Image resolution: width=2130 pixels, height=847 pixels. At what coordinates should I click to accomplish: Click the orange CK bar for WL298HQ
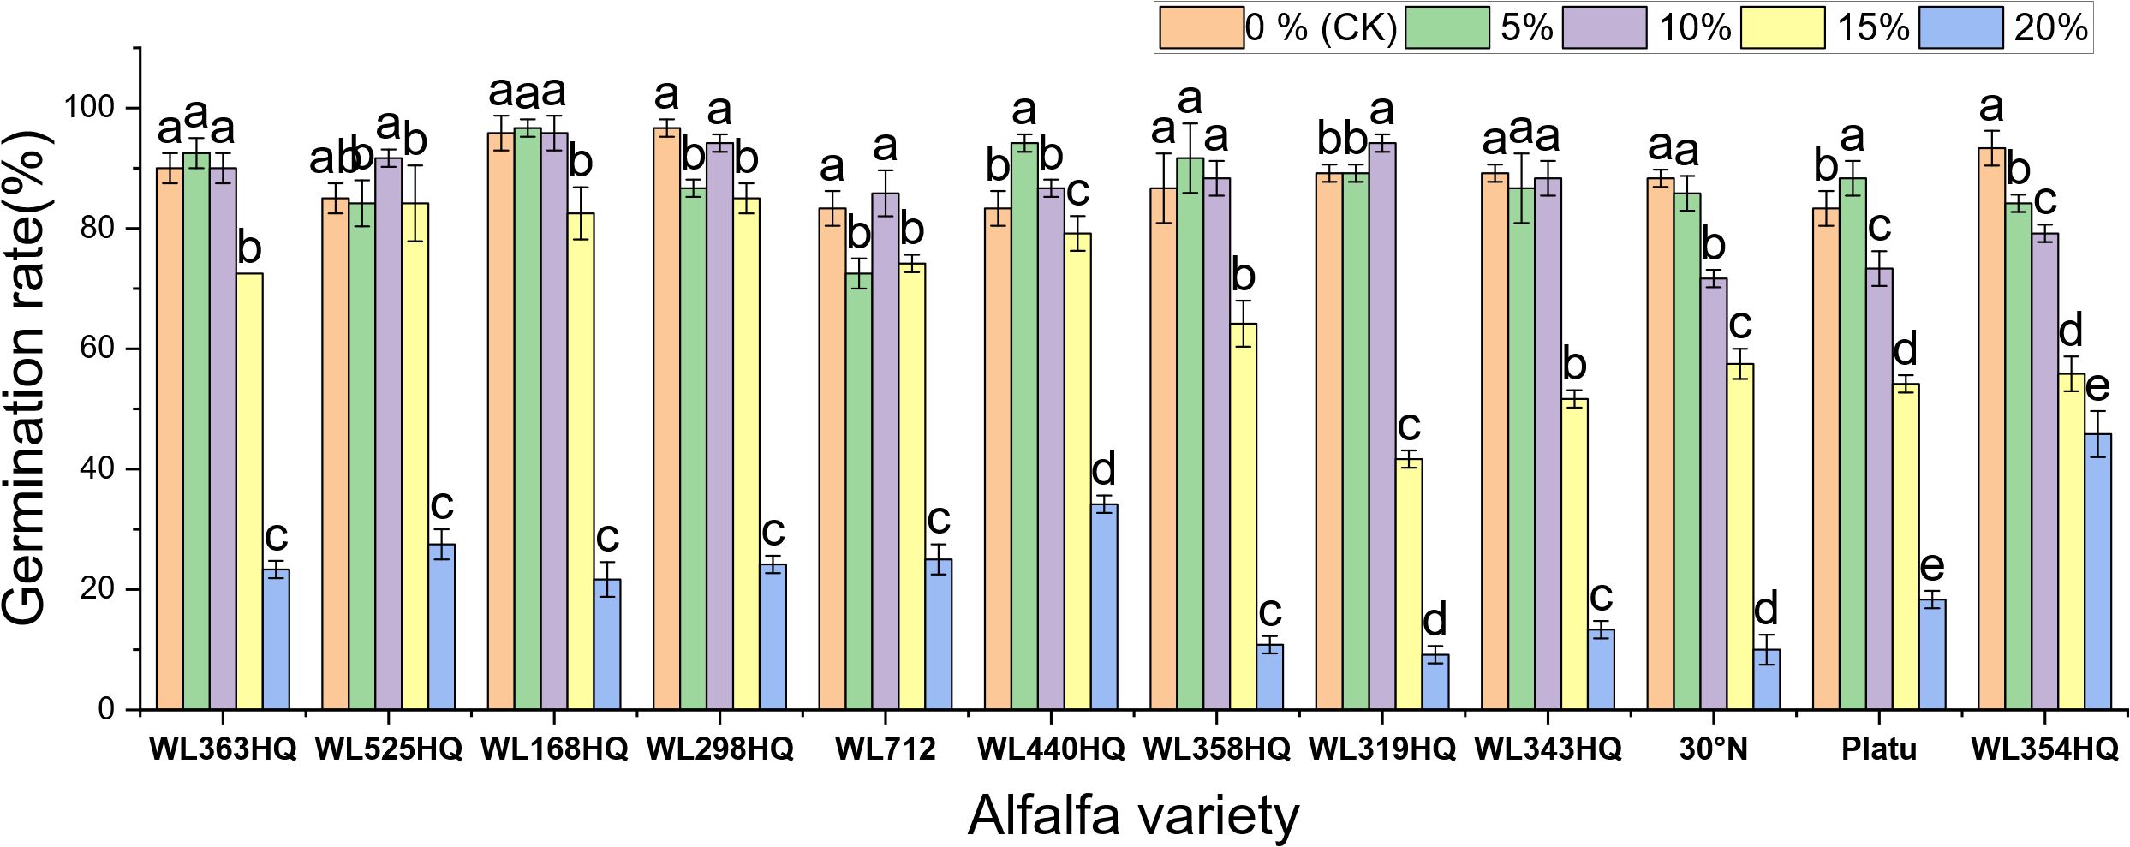click(666, 420)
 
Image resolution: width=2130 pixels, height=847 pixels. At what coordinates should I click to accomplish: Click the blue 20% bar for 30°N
click(1767, 680)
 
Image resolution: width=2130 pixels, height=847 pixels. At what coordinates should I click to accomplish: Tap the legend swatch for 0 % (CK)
click(1201, 28)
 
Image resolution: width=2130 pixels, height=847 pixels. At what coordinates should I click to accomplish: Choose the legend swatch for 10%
click(1604, 28)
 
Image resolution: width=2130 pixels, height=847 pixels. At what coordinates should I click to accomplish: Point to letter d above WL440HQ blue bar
click(1104, 469)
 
